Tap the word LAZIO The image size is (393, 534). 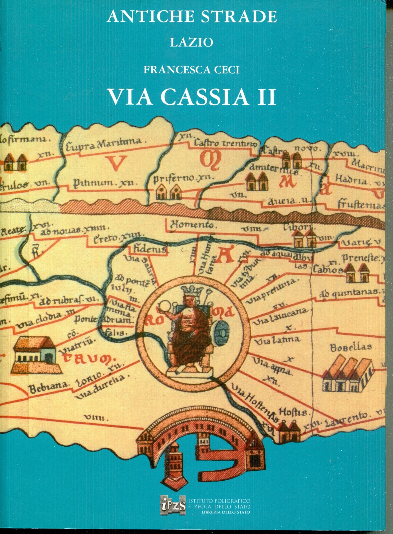pyautogui.click(x=191, y=42)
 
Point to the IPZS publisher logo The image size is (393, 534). pyautogui.click(x=173, y=504)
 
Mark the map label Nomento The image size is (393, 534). pyautogui.click(x=192, y=225)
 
